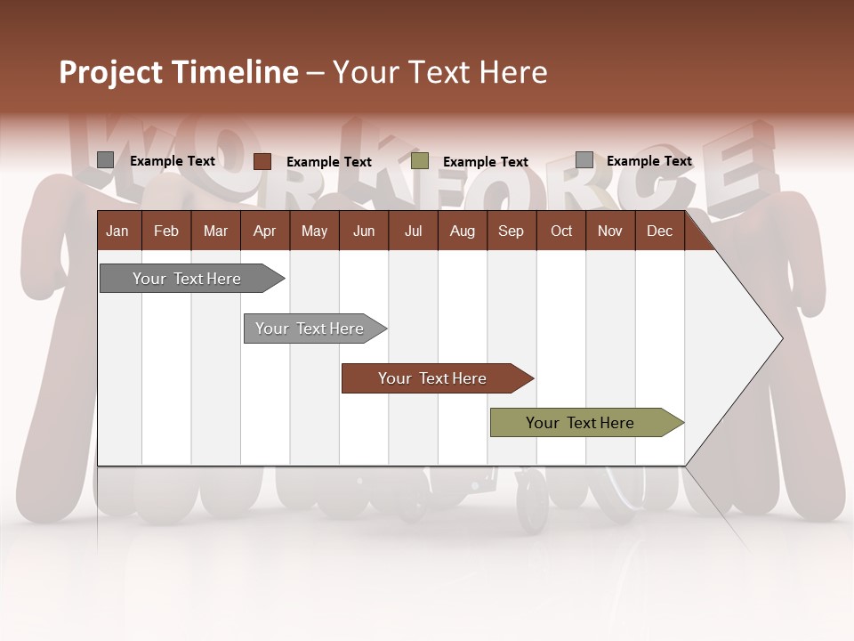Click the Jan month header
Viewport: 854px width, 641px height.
tap(117, 231)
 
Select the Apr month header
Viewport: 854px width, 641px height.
tap(264, 231)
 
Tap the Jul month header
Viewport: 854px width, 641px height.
tap(413, 231)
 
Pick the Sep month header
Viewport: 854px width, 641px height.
tap(511, 231)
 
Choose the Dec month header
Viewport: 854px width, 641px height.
tap(659, 231)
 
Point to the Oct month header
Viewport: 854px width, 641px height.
tap(561, 231)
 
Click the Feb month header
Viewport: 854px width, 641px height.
tap(166, 231)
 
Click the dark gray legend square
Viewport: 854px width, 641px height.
tap(106, 160)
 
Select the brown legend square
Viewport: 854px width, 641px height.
tap(262, 161)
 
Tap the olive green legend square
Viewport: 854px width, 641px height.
tap(420, 161)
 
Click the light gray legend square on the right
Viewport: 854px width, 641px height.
tap(584, 160)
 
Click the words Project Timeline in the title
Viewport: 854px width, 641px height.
tap(178, 72)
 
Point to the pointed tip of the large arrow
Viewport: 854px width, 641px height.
tap(780, 338)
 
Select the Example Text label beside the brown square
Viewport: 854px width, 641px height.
tap(329, 162)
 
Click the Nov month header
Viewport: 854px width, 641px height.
tap(610, 231)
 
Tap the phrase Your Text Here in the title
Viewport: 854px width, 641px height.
tap(440, 72)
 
